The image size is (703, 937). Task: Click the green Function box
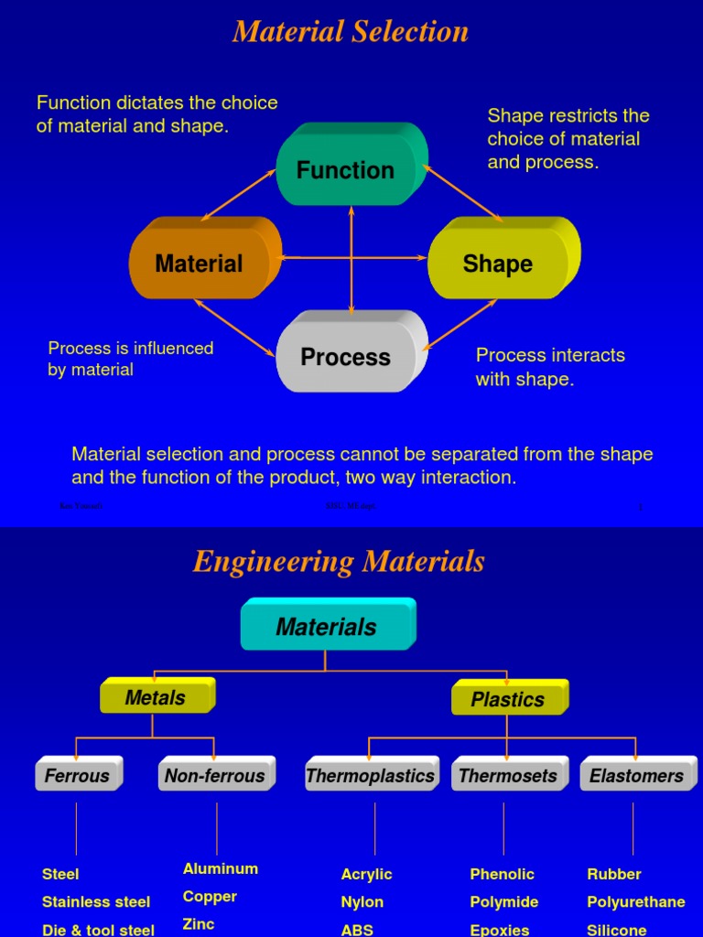(347, 169)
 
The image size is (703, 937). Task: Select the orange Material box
(200, 264)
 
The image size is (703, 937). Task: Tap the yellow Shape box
(498, 264)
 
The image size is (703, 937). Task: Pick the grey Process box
(347, 357)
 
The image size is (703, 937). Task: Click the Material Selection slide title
(351, 31)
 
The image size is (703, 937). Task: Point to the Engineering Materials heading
(339, 561)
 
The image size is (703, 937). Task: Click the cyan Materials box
(327, 627)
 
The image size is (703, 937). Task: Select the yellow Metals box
(156, 697)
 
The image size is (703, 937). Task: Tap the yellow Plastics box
(508, 699)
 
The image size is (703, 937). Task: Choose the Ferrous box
(78, 776)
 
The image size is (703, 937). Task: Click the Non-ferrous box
(215, 776)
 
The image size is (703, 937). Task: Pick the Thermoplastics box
(371, 776)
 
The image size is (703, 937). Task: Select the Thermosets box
(508, 776)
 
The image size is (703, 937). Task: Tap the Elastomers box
(637, 776)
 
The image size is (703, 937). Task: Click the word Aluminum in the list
(221, 868)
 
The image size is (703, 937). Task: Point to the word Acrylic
(366, 874)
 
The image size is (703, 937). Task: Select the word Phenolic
(502, 874)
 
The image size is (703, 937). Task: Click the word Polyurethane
(636, 901)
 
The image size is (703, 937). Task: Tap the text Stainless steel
(96, 901)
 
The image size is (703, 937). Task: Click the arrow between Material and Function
(239, 195)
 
